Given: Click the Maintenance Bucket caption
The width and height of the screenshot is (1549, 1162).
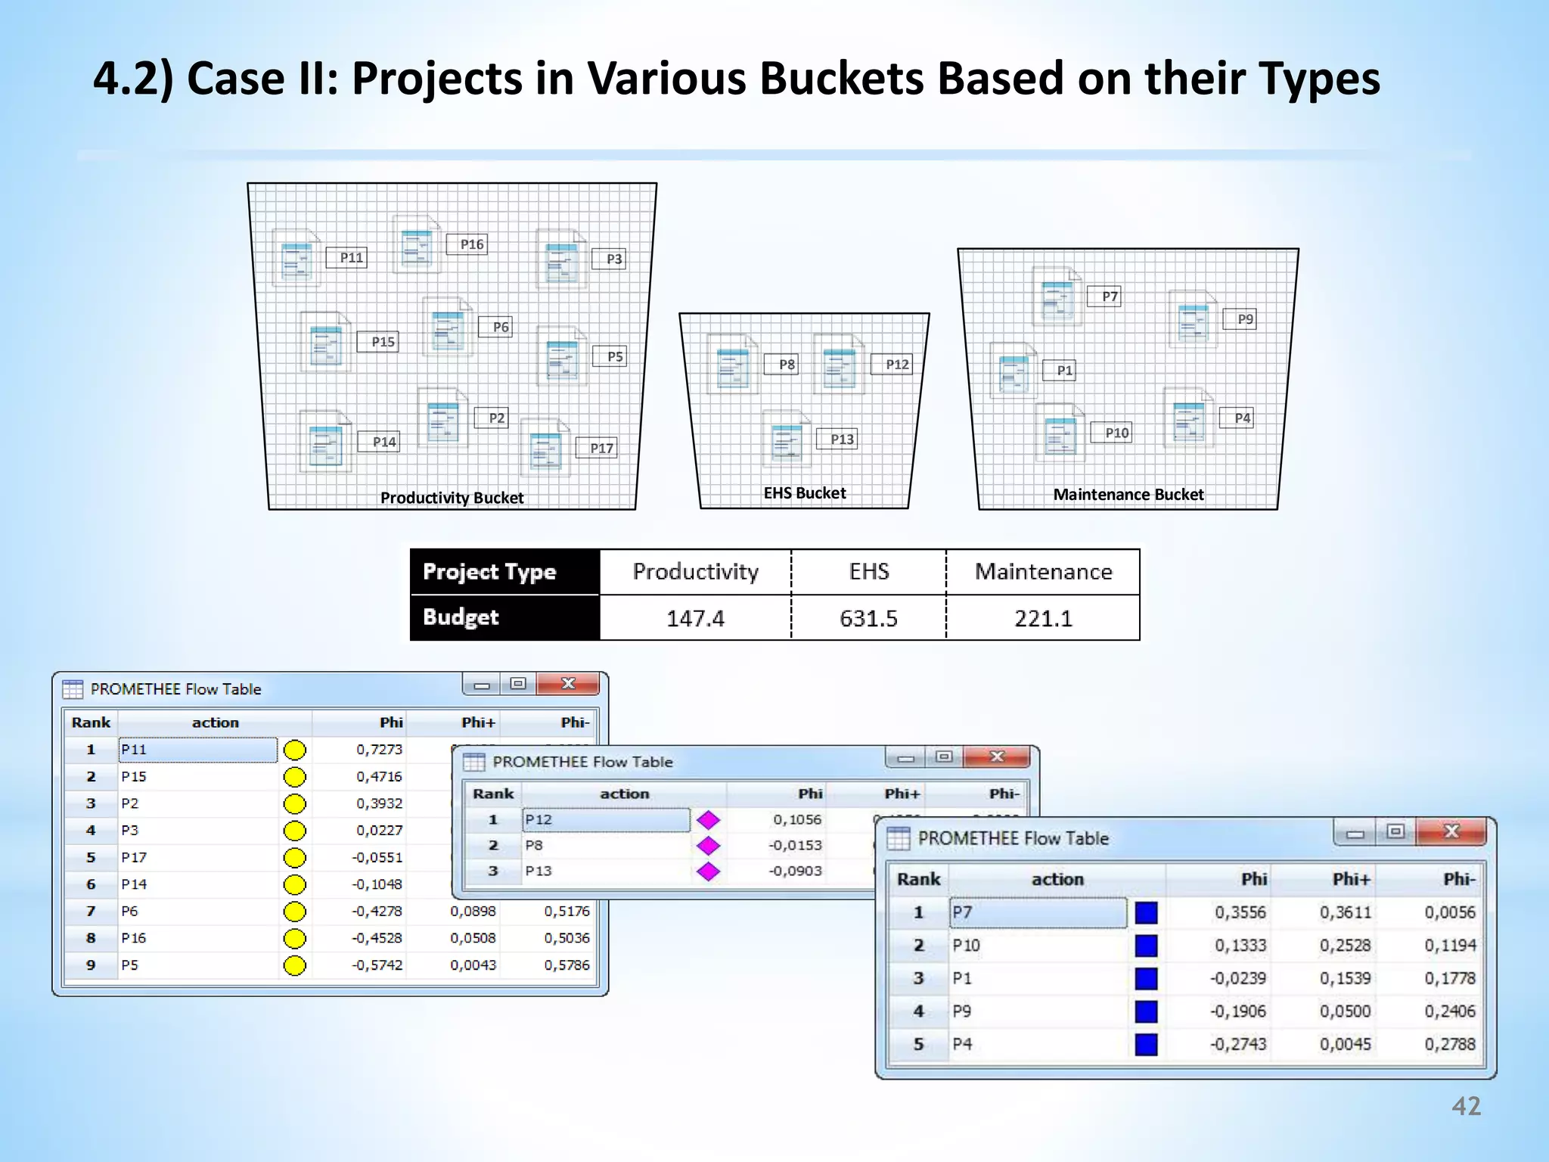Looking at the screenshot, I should pos(1128,495).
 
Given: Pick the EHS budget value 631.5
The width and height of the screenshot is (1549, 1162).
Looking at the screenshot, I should pos(868,619).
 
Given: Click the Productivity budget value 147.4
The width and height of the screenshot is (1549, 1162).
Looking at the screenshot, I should pos(695,619).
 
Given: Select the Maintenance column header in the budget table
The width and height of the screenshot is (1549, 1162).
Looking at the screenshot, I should pos(1043,572).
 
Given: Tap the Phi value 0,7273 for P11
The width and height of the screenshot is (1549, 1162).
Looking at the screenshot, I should pos(380,750).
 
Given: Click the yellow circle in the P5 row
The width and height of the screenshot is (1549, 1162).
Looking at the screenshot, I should pos(295,966).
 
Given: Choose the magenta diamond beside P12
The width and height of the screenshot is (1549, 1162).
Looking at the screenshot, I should pos(709,820).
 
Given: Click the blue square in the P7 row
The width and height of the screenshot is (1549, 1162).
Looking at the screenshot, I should pos(1146,913).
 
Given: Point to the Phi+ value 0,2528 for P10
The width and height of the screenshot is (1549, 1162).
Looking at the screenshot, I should pos(1345,946).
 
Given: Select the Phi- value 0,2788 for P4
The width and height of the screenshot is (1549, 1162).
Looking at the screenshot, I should pos(1449,1045).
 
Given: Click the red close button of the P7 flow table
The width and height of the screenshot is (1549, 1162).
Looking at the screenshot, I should pos(1451,832).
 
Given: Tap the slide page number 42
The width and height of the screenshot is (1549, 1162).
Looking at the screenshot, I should pos(1466,1107).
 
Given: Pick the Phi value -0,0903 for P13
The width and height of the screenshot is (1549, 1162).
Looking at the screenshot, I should pos(795,871).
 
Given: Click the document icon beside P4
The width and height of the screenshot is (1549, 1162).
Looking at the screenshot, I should pos(1188,418).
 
